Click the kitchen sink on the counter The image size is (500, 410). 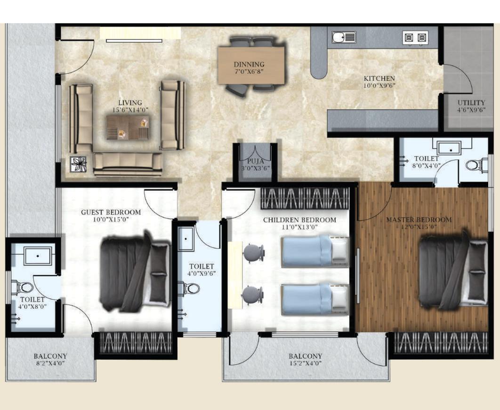344,37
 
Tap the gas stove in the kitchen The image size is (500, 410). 415,37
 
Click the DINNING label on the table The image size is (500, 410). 249,65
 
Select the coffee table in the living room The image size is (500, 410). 128,128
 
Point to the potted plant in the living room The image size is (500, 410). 78,164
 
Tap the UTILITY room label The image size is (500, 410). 471,103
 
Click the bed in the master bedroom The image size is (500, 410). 452,271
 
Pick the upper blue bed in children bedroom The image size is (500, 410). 315,252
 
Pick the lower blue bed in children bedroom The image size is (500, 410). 315,299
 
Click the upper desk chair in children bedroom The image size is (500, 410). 254,253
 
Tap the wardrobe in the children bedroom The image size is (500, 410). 305,198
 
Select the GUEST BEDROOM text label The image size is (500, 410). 111,212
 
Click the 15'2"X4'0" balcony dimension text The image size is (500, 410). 306,364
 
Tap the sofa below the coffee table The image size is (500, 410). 128,164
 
